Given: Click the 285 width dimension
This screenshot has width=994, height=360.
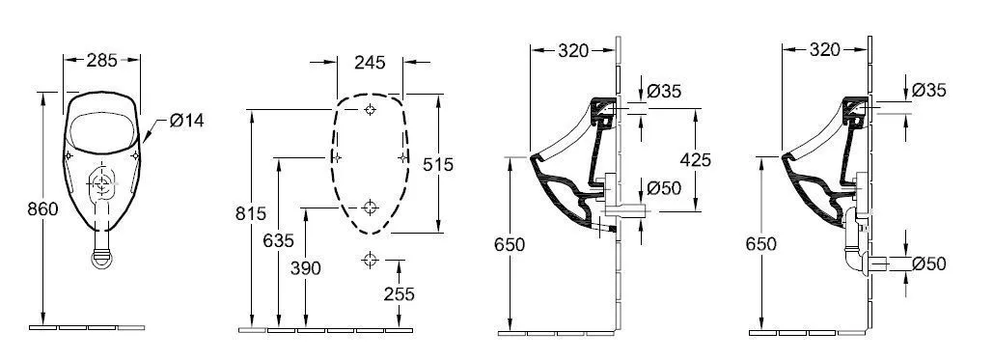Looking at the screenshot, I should coord(101,61).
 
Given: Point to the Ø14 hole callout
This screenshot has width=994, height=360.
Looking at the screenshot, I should coord(186,121).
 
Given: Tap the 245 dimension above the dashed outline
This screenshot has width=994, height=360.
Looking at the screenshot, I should coord(370,63).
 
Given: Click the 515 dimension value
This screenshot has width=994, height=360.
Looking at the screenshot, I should coord(438,165).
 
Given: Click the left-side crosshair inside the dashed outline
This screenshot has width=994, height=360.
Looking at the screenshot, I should coord(335,156).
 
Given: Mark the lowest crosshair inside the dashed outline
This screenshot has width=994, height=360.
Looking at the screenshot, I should coord(370,206).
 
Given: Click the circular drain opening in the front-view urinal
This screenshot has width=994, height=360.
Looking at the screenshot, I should coord(101,180).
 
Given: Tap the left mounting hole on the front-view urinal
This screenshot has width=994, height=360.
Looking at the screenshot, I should coord(70,155).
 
